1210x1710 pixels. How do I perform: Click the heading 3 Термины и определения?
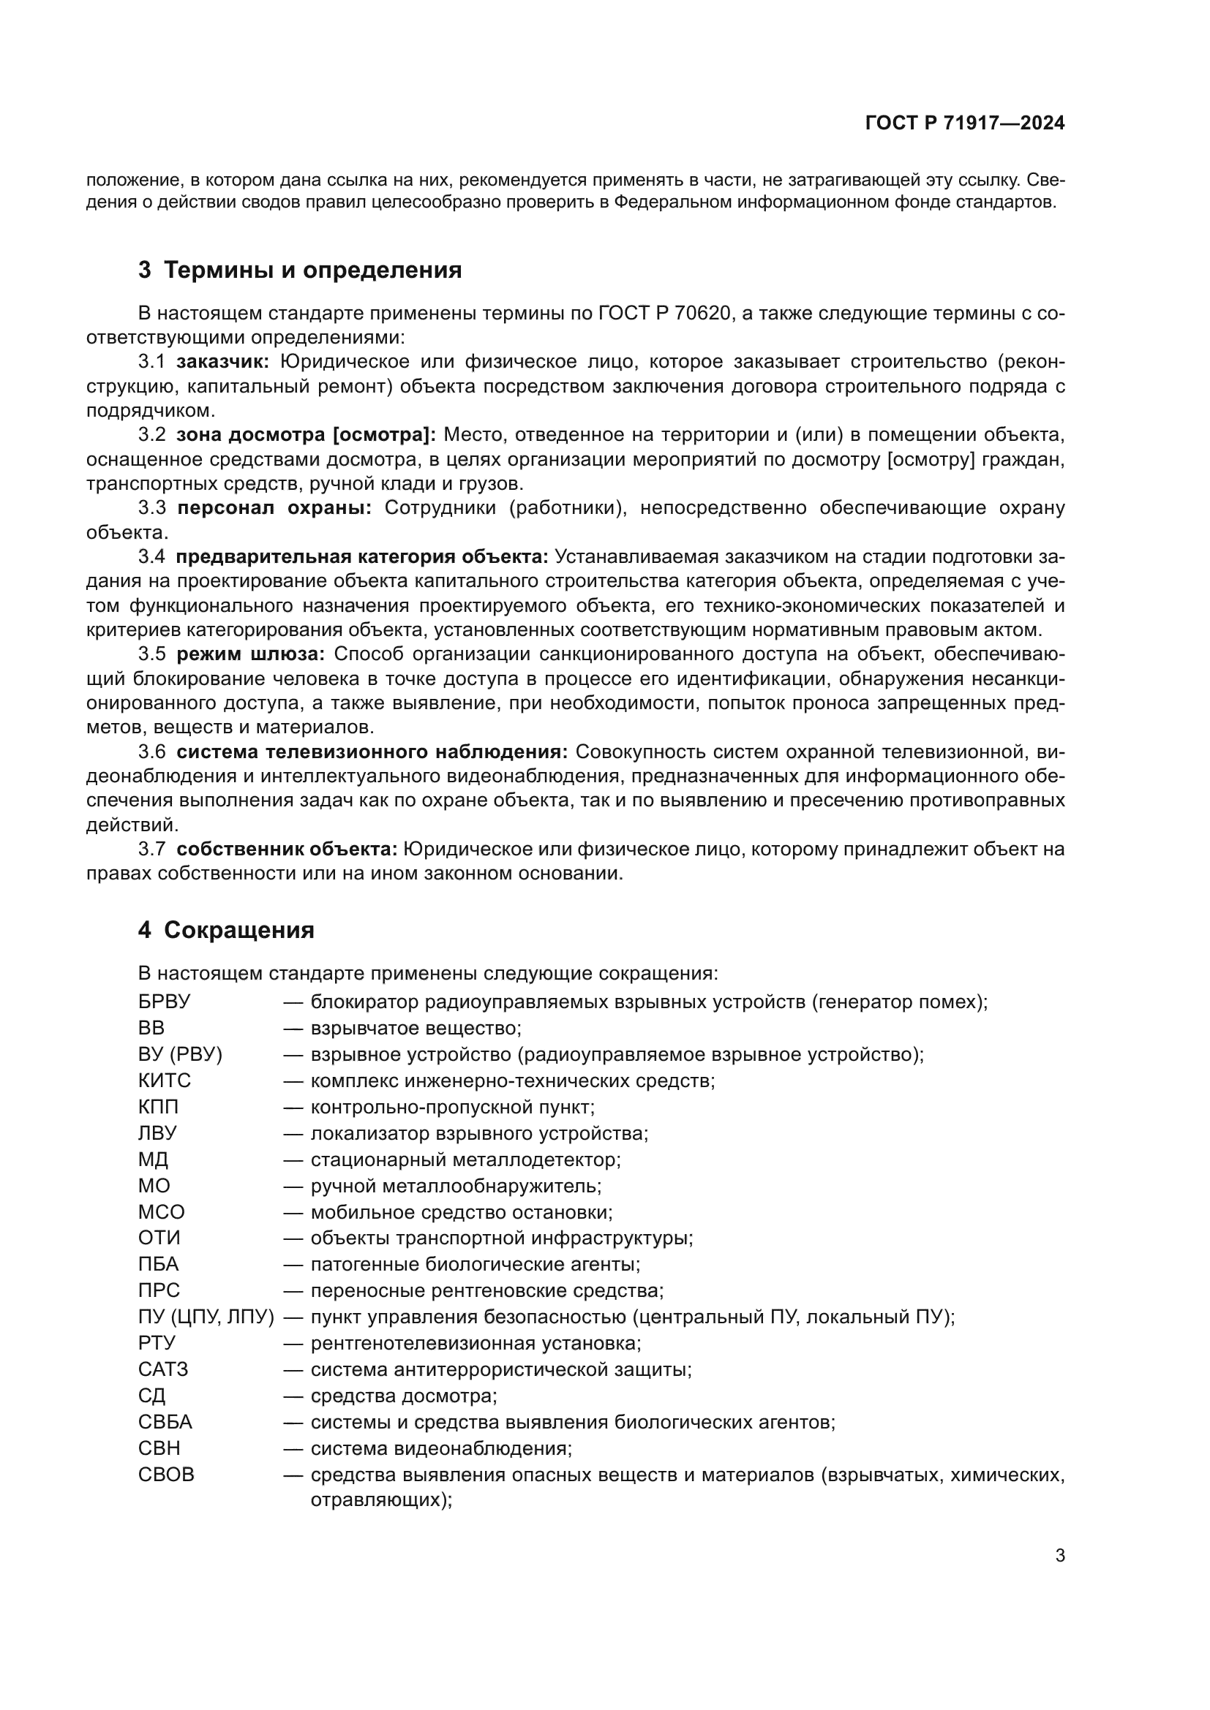click(299, 270)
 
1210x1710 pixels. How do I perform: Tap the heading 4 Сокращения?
click(226, 930)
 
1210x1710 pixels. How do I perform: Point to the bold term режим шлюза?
click(250, 654)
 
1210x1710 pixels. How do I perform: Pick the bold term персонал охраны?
click(274, 508)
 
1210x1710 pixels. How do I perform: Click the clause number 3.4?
click(151, 557)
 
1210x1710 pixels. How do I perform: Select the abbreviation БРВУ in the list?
click(164, 1002)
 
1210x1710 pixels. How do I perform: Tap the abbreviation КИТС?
click(164, 1081)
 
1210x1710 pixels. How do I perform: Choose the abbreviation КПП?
click(158, 1107)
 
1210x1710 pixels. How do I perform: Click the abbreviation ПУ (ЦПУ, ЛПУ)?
click(206, 1317)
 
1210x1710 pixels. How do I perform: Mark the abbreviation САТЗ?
click(162, 1369)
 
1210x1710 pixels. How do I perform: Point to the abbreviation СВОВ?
click(165, 1475)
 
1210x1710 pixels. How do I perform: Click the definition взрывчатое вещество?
click(416, 1029)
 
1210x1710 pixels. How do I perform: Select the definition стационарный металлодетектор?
click(466, 1159)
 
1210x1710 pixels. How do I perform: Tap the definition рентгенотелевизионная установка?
click(476, 1344)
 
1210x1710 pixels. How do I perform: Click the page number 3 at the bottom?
click(1059, 1556)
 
